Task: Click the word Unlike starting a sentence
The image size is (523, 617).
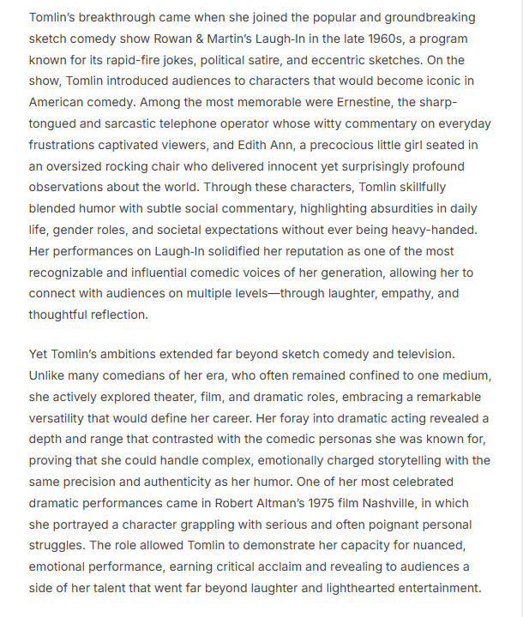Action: click(x=49, y=375)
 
